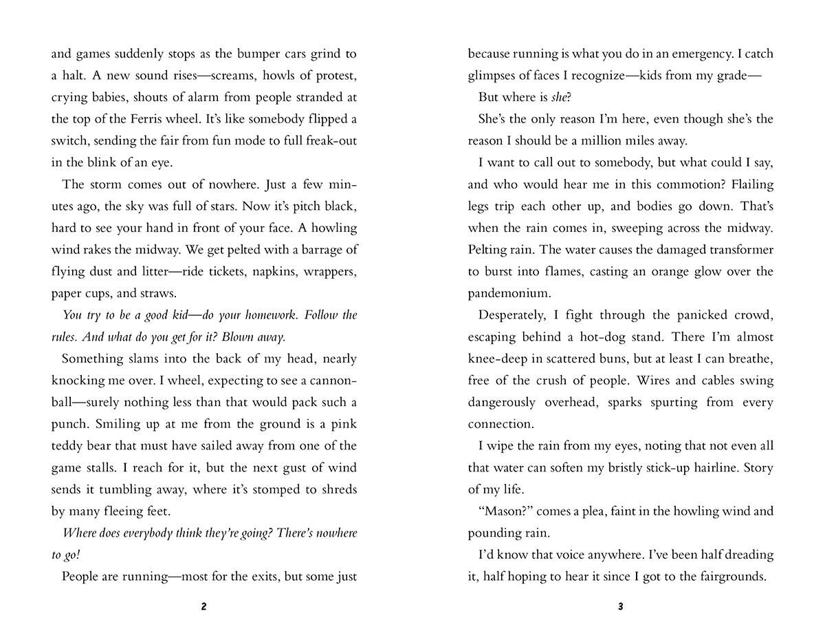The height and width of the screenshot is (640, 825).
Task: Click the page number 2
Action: click(x=204, y=607)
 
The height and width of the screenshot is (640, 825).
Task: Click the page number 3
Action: click(x=620, y=607)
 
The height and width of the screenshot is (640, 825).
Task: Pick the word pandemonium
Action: click(x=509, y=294)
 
